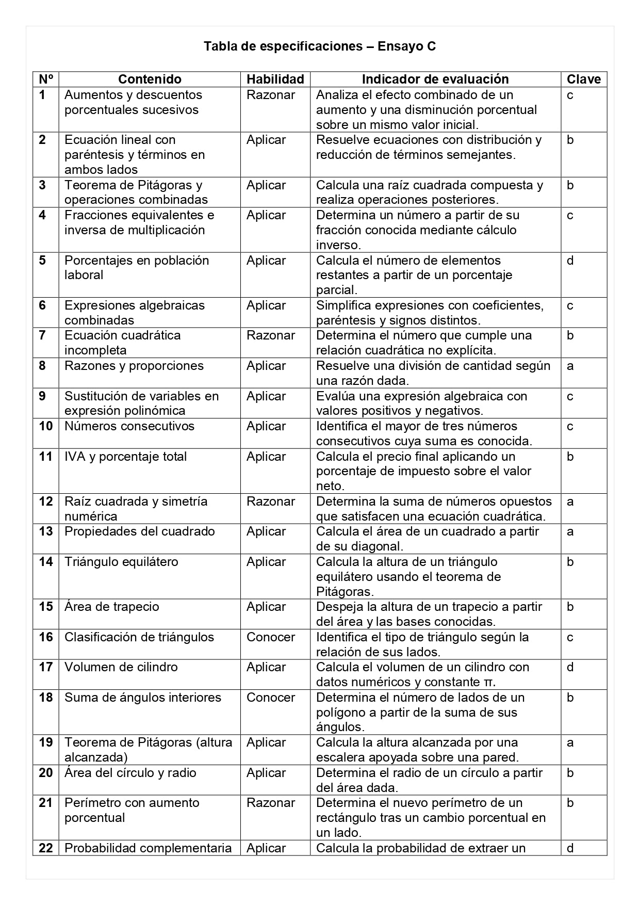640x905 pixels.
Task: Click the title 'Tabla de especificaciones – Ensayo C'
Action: click(320, 46)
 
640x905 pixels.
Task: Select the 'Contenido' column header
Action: click(150, 79)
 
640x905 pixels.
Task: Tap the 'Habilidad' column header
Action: click(275, 79)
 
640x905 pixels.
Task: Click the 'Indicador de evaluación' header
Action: click(435, 79)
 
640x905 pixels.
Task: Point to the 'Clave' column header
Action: click(584, 79)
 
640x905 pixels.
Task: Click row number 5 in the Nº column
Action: click(42, 261)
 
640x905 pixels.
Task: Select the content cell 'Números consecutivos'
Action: click(129, 426)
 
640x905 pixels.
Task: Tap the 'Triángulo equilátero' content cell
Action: click(121, 562)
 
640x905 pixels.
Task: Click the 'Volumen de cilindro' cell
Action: click(121, 667)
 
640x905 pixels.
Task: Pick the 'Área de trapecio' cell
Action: click(112, 607)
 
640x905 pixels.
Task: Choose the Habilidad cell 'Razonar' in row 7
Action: click(271, 335)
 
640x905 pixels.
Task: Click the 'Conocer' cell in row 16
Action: click(271, 637)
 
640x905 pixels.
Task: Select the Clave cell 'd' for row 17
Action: click(570, 667)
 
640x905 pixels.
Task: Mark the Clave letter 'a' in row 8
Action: click(570, 366)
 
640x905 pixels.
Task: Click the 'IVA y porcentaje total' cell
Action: click(125, 457)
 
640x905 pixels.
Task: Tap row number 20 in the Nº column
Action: click(46, 773)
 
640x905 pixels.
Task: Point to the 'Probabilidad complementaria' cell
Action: click(148, 848)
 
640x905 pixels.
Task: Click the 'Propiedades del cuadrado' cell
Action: click(139, 531)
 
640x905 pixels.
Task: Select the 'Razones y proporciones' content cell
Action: click(134, 366)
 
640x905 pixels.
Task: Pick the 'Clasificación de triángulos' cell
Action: click(139, 637)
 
